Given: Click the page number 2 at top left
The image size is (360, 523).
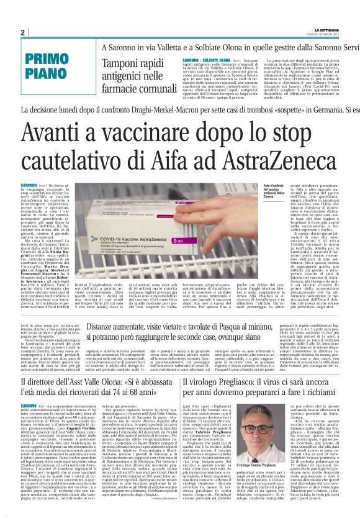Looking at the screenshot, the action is (23, 32).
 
